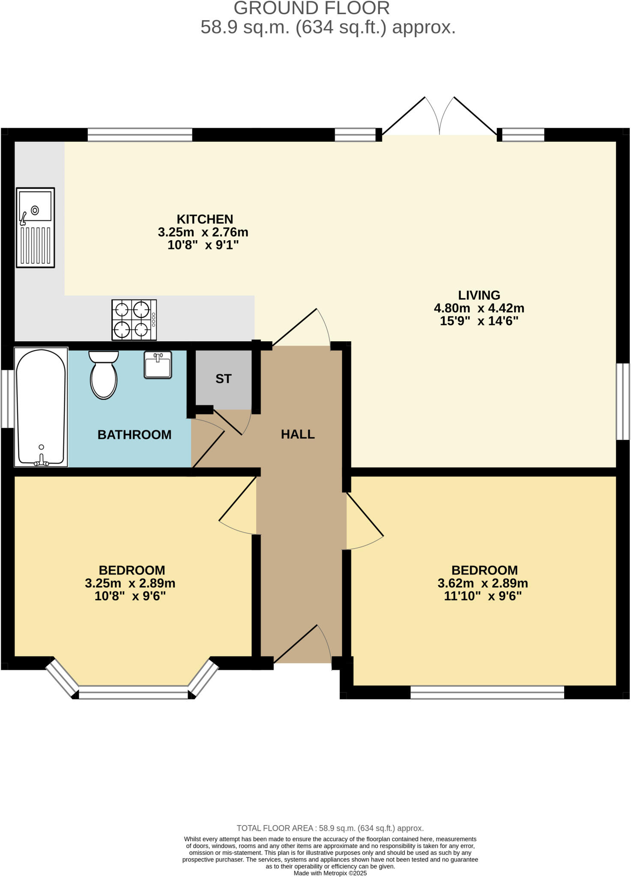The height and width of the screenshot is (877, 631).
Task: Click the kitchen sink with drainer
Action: (36, 227)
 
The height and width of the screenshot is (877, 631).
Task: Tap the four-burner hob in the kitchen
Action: (134, 320)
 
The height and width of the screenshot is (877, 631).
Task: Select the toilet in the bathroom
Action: (104, 375)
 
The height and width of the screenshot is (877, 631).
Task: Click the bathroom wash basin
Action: (158, 365)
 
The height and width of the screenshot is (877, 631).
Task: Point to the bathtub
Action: (41, 407)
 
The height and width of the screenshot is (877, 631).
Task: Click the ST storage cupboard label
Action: (223, 379)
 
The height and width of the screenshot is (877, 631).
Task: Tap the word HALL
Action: (298, 434)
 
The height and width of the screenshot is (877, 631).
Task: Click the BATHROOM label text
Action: (135, 435)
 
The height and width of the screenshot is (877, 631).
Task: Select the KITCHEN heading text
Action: (205, 219)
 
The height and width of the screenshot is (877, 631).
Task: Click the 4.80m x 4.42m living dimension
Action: (479, 308)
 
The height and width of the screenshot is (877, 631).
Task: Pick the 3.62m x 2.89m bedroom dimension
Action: (482, 583)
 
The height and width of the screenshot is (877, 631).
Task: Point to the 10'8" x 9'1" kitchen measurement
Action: (203, 245)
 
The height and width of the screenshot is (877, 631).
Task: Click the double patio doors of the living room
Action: (440, 118)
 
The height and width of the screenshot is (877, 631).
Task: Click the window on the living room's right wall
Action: (623, 401)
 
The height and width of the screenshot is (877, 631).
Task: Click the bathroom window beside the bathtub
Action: (7, 399)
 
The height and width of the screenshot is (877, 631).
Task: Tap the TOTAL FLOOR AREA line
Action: (330, 828)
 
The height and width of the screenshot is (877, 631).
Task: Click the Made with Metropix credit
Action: (330, 873)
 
